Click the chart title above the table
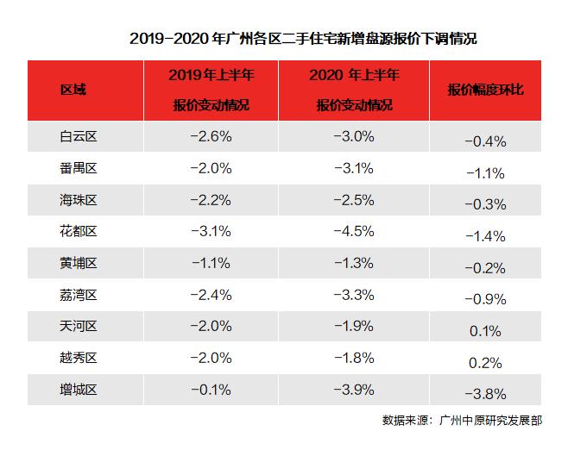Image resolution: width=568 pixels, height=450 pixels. (x=304, y=39)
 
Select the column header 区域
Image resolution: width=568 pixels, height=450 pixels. (x=73, y=90)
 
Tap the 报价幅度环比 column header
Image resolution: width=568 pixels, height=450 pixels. (x=484, y=90)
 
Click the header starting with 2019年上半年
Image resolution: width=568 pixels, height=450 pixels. (x=211, y=90)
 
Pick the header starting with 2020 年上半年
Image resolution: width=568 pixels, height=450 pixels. (x=354, y=90)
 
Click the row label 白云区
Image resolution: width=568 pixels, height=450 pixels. (x=78, y=136)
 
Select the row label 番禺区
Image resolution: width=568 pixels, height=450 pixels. (x=78, y=168)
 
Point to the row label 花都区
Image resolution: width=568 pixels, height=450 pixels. (x=78, y=231)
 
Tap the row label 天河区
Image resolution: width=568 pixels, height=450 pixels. (x=78, y=326)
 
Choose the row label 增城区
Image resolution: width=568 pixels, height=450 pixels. (x=78, y=389)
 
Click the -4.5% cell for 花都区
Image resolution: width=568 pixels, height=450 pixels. (x=354, y=231)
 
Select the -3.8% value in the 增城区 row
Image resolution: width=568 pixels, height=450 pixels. (x=484, y=394)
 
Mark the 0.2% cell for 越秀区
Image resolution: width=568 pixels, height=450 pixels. (x=484, y=362)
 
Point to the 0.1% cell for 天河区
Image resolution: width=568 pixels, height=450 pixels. (x=484, y=331)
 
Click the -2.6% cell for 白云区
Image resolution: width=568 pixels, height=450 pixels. (x=211, y=136)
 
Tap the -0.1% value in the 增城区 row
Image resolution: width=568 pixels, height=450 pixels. (x=211, y=389)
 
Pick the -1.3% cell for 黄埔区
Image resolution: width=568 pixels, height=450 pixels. (x=354, y=263)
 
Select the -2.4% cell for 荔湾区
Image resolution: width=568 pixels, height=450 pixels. (x=211, y=294)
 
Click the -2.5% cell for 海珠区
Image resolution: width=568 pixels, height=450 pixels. (x=354, y=199)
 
